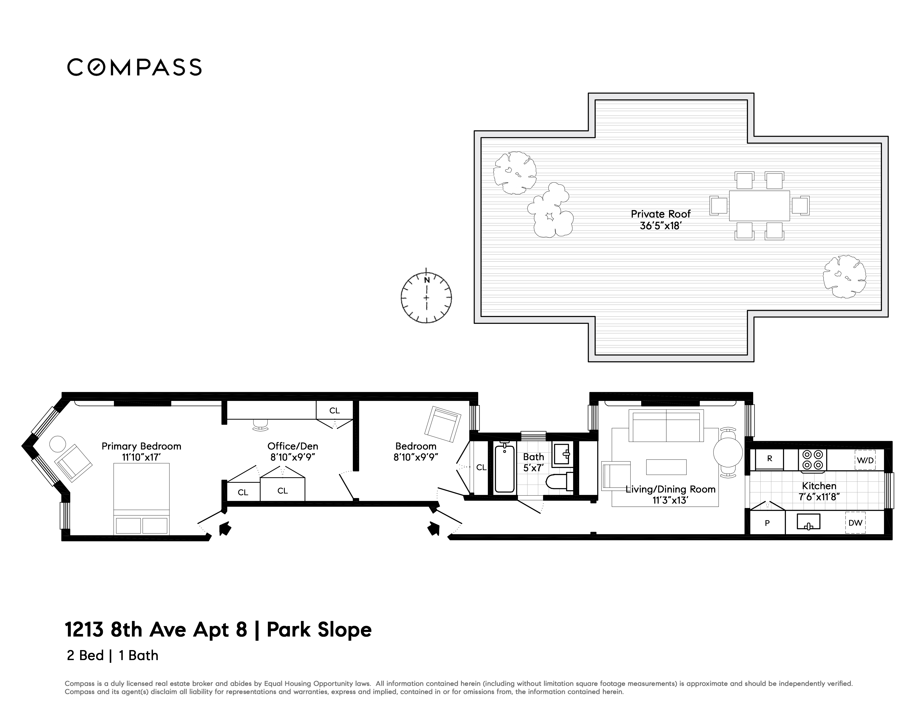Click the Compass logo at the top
(135, 67)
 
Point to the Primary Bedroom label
(141, 446)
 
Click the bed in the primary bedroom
(142, 499)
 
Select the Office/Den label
(293, 446)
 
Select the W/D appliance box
(865, 460)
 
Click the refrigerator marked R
(770, 459)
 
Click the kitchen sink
(809, 522)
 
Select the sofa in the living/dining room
(666, 426)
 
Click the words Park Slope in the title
(319, 630)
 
